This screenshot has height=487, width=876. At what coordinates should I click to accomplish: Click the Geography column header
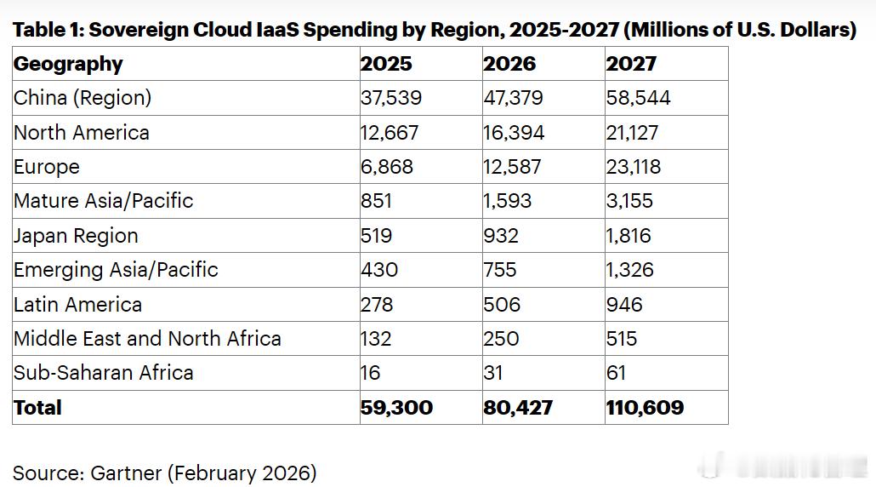[68, 64]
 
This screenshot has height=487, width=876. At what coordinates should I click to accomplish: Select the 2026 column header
[509, 64]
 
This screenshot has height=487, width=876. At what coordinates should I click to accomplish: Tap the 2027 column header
[631, 64]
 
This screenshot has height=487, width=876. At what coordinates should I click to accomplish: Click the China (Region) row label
[82, 98]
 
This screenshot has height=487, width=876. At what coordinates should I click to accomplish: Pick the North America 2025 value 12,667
[390, 133]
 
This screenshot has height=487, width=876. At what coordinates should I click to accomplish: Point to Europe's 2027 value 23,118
[633, 167]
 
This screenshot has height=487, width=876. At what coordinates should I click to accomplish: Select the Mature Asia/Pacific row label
[103, 201]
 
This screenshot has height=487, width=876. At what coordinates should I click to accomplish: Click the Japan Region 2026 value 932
[501, 236]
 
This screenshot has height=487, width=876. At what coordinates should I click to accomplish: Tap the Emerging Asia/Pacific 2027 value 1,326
[629, 270]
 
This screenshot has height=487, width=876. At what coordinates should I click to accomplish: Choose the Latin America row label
[77, 304]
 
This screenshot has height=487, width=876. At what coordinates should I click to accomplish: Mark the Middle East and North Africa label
[147, 338]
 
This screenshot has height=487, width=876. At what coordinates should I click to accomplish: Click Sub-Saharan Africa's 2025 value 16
[370, 373]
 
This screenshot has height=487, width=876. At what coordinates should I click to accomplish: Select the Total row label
[37, 408]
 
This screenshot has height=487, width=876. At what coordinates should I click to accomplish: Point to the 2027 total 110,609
[645, 408]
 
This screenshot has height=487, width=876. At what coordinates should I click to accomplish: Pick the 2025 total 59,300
[396, 408]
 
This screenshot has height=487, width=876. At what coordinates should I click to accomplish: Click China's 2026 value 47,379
[514, 98]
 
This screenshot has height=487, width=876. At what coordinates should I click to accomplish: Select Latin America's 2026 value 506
[502, 304]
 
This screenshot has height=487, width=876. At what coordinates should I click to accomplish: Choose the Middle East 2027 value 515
[622, 338]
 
